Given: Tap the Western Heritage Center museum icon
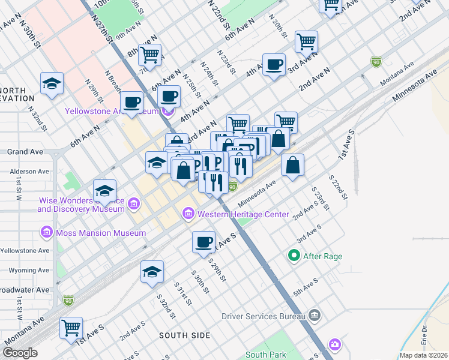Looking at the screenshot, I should [x=188, y=214].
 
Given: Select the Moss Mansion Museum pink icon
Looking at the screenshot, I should [x=46, y=232].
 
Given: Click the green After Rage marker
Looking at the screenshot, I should [x=294, y=256].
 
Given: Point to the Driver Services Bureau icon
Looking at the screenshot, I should [x=314, y=316].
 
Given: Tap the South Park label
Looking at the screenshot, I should [x=264, y=355].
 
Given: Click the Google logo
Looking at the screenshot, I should [x=20, y=353].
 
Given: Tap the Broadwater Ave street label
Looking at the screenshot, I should [x=25, y=290].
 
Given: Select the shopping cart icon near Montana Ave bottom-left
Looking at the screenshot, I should [x=71, y=328].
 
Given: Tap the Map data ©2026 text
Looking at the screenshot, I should [x=423, y=355].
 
